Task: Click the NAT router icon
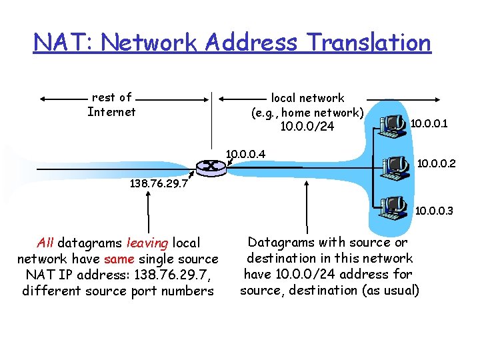coord(211,167)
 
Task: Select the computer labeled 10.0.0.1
coord(392,125)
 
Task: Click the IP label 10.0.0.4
coord(245,155)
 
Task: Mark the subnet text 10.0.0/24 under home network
coord(307,127)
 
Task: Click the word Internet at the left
coord(111,112)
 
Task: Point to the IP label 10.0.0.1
coord(429,123)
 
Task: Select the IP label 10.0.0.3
coord(434,211)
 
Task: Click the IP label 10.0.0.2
coord(436,162)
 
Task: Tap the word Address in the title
coord(250,43)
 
